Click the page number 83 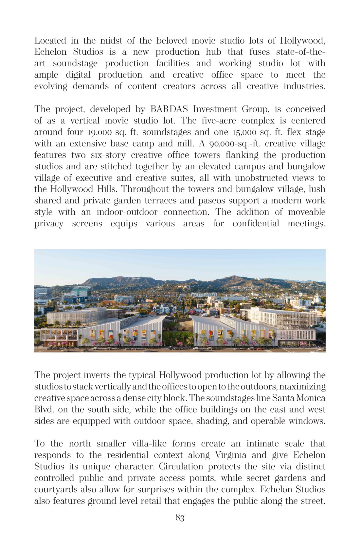tap(180, 518)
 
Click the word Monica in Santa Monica tap(311, 398)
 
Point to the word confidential tap(256, 223)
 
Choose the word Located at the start tap(50, 41)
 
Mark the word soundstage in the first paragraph tap(75, 63)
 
